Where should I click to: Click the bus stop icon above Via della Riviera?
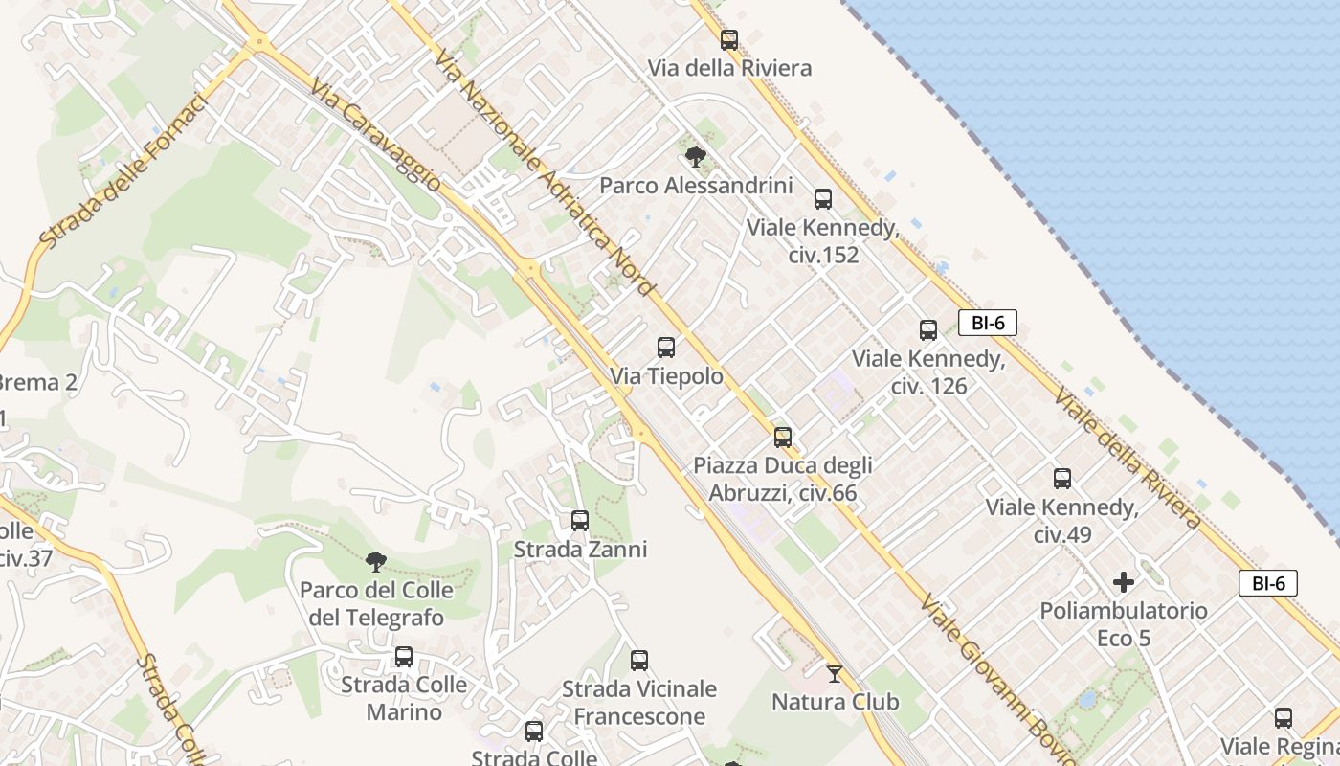[729, 40]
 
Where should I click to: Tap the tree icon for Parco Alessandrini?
[696, 157]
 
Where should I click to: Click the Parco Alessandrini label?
[696, 185]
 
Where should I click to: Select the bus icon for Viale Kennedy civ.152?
[823, 199]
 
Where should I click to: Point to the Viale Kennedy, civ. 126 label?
[927, 372]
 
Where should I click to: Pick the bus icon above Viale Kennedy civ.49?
[1062, 479]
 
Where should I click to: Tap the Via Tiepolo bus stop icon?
[666, 348]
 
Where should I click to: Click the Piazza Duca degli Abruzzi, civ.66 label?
[783, 480]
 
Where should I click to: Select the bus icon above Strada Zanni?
[580, 521]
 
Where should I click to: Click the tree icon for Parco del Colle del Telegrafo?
[376, 561]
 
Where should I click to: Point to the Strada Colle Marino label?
[404, 698]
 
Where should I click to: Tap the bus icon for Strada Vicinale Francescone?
[639, 661]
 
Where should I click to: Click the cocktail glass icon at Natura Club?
[835, 674]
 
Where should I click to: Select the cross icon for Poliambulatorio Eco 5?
[1124, 581]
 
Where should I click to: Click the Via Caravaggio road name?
[376, 134]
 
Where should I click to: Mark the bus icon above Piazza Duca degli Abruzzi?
[783, 438]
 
